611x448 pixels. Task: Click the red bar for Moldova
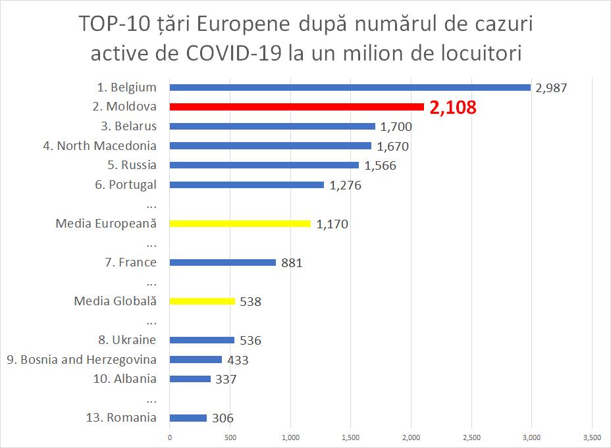point(296,107)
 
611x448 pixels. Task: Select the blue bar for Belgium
point(350,87)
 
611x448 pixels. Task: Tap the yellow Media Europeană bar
point(240,224)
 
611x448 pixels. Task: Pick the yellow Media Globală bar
point(202,301)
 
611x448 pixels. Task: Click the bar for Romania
point(188,418)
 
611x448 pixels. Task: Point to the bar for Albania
point(190,379)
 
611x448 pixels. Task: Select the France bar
point(223,262)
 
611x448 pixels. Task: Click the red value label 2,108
point(452,107)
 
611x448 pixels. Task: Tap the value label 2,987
point(551,87)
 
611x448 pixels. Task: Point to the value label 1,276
point(345,186)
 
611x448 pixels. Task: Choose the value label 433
point(238,360)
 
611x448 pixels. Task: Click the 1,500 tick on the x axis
point(350,437)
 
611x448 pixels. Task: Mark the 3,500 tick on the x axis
point(592,437)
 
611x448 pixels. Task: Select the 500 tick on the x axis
point(230,437)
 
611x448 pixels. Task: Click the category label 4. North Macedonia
point(100,146)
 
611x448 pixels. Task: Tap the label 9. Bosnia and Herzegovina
point(82,360)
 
